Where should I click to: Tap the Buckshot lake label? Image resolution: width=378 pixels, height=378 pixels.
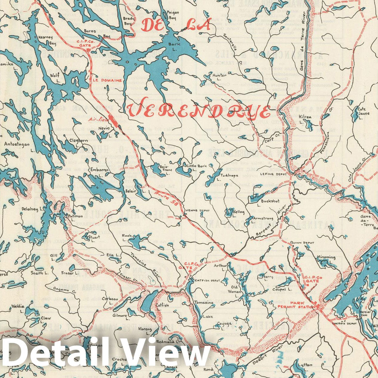click(270, 201)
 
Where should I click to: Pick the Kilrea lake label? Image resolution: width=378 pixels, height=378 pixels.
click(306, 117)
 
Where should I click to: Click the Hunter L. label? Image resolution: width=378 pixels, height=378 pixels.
click(220, 77)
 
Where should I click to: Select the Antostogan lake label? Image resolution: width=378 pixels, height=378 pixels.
click(17, 144)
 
